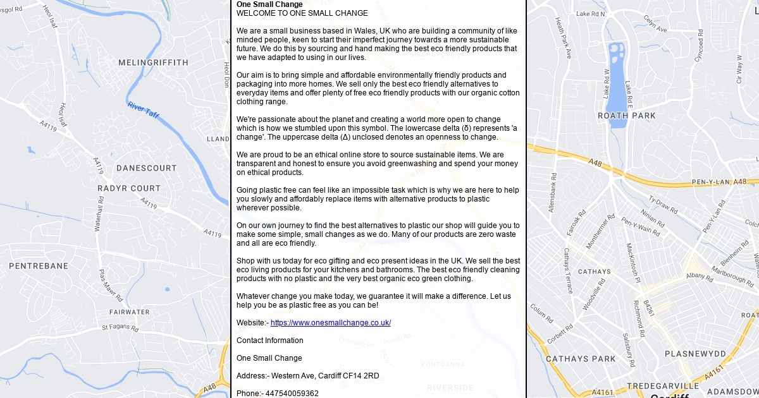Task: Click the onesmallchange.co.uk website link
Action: (x=330, y=323)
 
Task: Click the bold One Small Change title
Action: (x=269, y=4)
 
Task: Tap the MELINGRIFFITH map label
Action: (x=153, y=63)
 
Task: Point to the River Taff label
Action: (x=143, y=110)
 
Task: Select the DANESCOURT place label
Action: (x=146, y=168)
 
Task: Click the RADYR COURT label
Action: (x=129, y=188)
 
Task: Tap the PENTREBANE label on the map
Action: (x=38, y=266)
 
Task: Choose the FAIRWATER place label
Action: (x=129, y=312)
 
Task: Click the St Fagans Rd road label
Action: (x=120, y=328)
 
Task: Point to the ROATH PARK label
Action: (x=627, y=116)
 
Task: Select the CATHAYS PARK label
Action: (x=581, y=359)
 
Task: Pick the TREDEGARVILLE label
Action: (x=663, y=385)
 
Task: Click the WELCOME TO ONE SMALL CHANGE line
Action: (x=302, y=13)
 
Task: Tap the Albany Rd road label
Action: (x=699, y=275)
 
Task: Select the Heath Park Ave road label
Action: (x=563, y=38)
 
